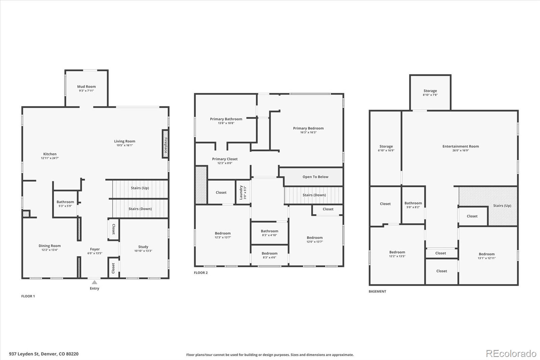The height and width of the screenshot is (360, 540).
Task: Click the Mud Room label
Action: [86, 87]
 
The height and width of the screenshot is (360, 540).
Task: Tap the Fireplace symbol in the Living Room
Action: [165, 144]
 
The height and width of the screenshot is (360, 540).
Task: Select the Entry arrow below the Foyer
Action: [94, 282]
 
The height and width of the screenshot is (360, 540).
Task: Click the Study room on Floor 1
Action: [143, 249]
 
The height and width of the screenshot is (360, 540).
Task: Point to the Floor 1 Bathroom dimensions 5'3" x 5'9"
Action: [65, 206]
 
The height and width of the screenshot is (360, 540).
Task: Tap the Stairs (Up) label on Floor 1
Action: [140, 188]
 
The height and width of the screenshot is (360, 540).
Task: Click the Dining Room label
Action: [50, 246]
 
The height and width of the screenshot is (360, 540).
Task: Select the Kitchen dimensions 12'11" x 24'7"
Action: [50, 158]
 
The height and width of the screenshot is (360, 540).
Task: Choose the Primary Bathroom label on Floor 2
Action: [226, 119]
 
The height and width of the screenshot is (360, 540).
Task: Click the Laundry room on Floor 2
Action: [243, 192]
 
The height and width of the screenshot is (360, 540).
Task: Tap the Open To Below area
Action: [315, 177]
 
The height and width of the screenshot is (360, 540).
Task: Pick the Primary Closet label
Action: [225, 159]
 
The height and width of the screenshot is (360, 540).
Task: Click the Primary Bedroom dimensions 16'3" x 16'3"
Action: [308, 132]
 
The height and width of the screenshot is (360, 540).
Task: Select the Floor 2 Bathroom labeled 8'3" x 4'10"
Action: [269, 233]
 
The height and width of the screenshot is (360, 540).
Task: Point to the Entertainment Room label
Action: [460, 146]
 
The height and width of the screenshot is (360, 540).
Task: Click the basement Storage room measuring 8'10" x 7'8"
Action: [430, 93]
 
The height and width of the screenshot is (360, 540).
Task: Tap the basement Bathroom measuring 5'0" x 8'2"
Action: [413, 205]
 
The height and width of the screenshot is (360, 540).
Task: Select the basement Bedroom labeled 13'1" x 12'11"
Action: [486, 256]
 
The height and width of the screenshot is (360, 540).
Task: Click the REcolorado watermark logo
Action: [511, 353]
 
